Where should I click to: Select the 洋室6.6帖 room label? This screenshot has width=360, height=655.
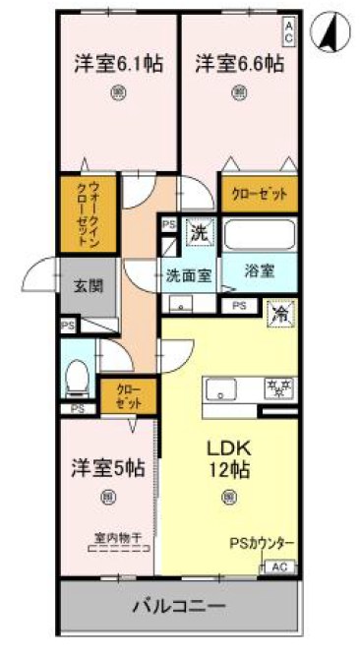(x=239, y=65)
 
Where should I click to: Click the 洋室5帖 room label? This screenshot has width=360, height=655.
(x=107, y=468)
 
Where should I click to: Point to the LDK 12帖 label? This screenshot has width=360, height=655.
(x=227, y=458)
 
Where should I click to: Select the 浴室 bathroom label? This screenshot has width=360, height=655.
(x=261, y=268)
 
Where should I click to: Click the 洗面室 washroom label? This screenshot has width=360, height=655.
(x=188, y=276)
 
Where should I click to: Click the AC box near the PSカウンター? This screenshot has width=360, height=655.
(x=278, y=566)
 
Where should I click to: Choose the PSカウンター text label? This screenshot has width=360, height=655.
(x=262, y=543)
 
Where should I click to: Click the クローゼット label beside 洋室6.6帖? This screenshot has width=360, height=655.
(x=260, y=194)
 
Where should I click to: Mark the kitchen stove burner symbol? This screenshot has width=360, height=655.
(x=279, y=386)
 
